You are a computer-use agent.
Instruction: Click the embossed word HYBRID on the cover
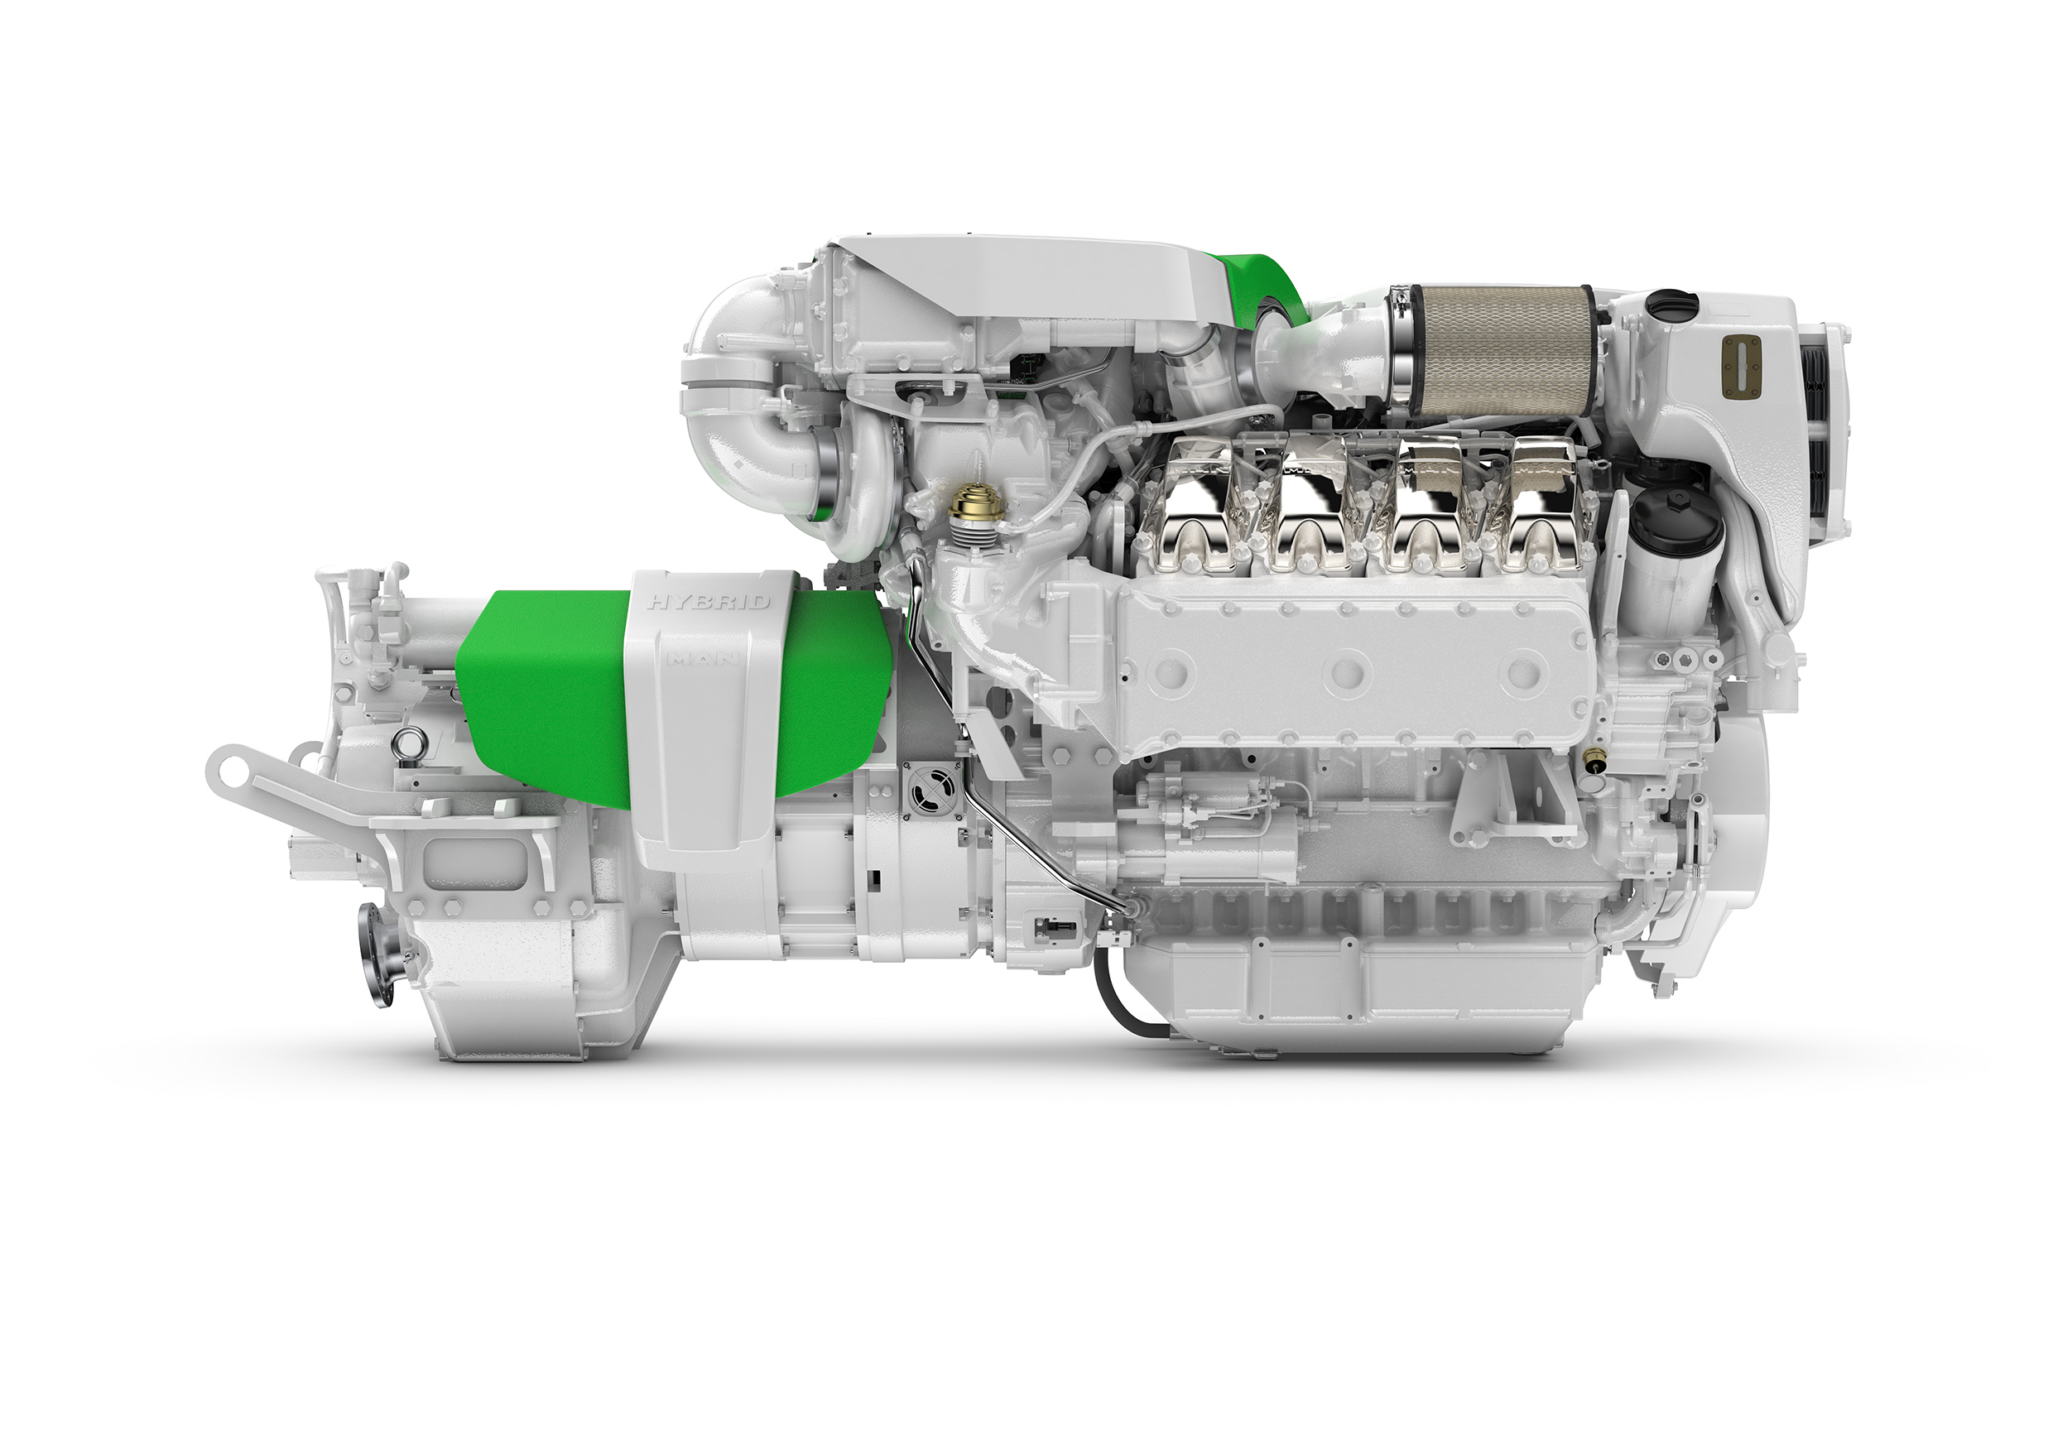(x=708, y=602)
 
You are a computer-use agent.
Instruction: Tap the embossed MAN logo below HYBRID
(x=703, y=660)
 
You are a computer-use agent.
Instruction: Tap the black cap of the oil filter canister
(x=1676, y=519)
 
